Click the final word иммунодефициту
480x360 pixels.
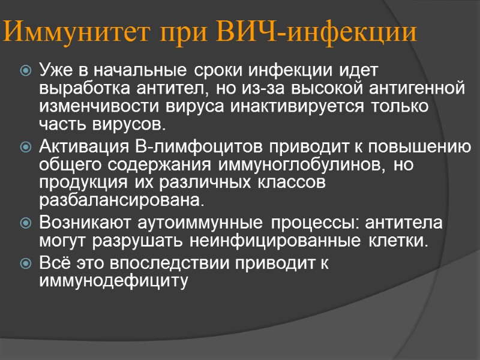(113, 280)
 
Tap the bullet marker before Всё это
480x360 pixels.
(26, 264)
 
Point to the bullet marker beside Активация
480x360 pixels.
(26, 148)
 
